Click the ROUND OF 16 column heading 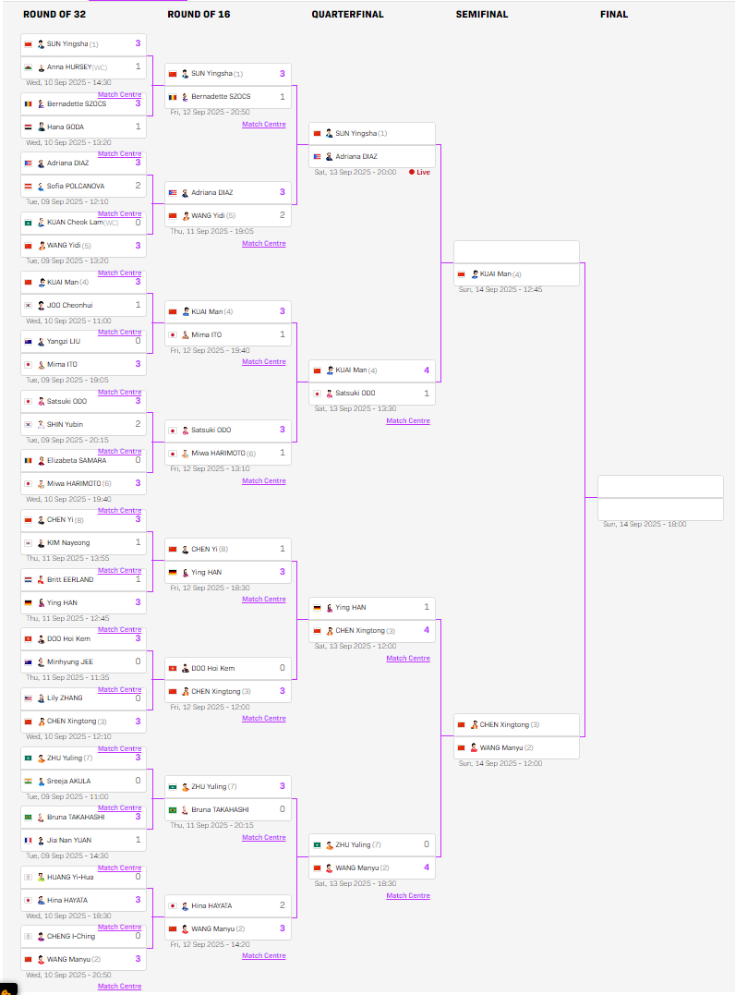199,15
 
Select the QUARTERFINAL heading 347,15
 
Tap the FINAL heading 613,15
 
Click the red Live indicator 419,172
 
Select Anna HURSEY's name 69,67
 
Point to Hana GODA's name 66,127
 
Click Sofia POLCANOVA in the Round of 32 76,186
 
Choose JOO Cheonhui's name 70,305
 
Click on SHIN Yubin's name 66,424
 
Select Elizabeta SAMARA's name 77,460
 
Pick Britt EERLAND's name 70,579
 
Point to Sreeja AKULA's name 69,781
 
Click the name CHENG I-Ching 71,936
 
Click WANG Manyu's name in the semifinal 501,747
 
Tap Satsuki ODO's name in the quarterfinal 355,394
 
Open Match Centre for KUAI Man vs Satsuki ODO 407,421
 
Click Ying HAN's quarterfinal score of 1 426,607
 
